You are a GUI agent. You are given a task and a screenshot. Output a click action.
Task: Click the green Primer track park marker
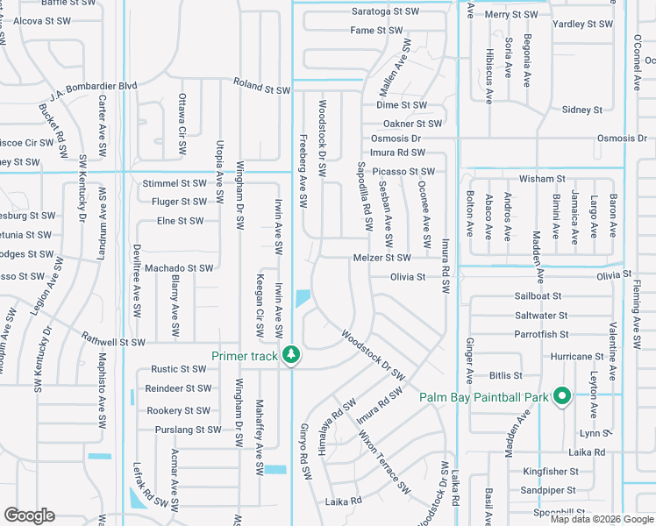(292, 355)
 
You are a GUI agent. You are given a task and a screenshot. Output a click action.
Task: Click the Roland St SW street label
(261, 86)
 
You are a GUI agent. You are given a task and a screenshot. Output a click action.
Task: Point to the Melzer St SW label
(381, 258)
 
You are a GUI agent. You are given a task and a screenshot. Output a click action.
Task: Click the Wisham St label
(542, 178)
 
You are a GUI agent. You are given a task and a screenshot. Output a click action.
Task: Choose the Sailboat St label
(538, 297)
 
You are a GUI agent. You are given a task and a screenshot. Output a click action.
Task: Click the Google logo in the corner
(30, 515)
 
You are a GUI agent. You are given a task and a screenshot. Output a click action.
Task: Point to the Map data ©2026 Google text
(602, 519)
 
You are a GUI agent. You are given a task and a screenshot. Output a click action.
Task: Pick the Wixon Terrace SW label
(383, 466)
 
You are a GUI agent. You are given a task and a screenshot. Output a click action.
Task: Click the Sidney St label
(582, 110)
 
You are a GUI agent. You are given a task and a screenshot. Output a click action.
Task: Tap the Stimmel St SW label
(174, 183)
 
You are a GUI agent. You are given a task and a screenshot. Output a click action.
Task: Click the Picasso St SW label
(403, 171)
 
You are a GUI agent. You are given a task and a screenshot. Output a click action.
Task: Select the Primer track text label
(245, 356)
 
